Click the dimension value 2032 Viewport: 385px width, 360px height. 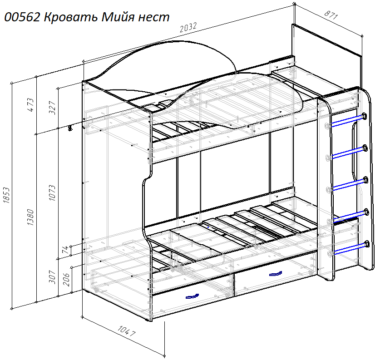(188, 28)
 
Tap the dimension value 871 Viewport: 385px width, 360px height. (331, 15)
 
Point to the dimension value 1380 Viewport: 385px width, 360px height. (30, 217)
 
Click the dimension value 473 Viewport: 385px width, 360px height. (31, 105)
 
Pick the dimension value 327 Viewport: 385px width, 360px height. (53, 108)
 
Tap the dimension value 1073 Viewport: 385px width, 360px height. (52, 193)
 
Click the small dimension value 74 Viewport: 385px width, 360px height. (65, 250)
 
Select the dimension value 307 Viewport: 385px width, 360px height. (52, 277)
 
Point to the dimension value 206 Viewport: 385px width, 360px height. (66, 280)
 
